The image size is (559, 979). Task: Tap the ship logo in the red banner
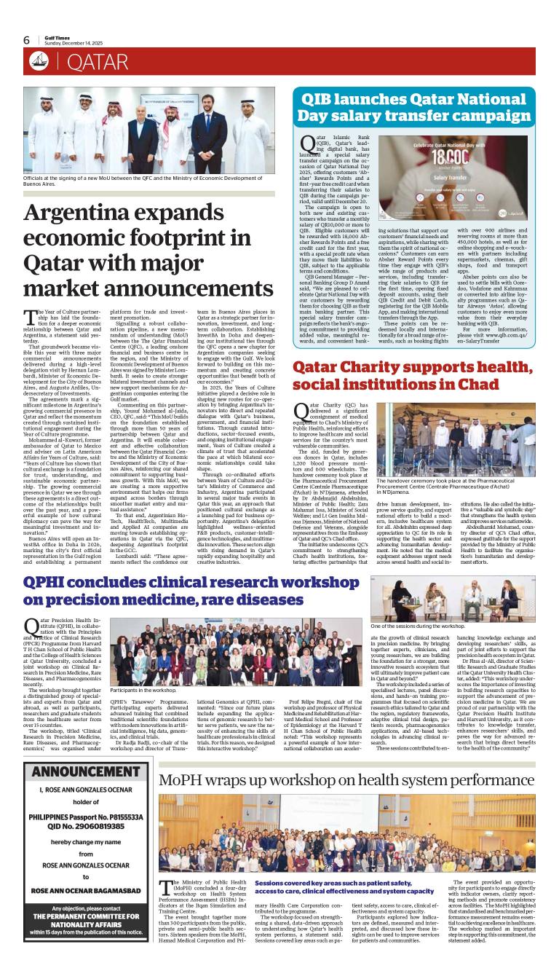pos(39,62)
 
